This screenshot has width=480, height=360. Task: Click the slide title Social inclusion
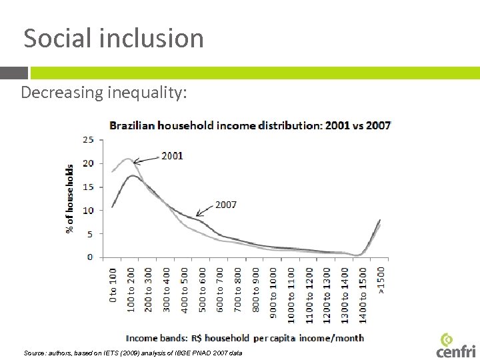tap(113, 38)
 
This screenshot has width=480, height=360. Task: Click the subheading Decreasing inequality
tap(104, 93)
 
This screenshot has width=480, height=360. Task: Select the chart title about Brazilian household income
tap(250, 125)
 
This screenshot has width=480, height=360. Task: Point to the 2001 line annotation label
tap(172, 156)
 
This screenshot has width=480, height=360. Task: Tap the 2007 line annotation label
tap(225, 205)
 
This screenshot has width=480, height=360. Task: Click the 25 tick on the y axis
tap(88, 140)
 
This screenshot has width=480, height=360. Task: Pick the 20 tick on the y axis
tap(88, 163)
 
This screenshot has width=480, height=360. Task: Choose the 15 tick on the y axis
tap(88, 187)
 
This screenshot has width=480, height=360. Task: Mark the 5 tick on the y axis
tap(90, 234)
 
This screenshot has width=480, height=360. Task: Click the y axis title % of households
tap(69, 199)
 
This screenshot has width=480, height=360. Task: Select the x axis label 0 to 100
tap(113, 285)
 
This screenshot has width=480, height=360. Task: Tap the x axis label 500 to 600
tap(202, 285)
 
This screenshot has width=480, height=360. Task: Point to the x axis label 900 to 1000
tap(273, 284)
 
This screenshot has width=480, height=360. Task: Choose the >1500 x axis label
tap(381, 280)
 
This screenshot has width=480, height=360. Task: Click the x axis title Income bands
tap(245, 338)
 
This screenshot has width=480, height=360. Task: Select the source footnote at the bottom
tap(133, 352)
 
